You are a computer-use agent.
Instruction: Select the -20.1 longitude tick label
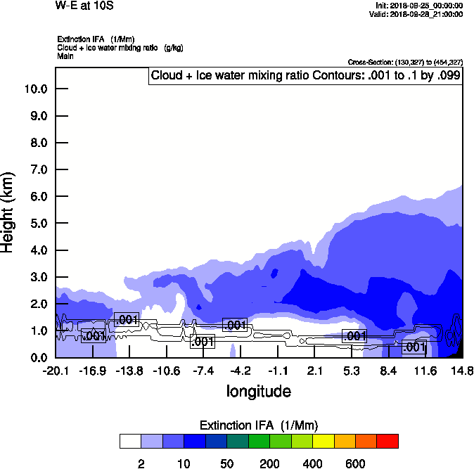tap(55, 371)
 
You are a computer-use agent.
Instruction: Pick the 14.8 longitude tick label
tap(462, 371)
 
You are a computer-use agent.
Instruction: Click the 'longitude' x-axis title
tap(258, 391)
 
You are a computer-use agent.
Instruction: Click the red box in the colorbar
tap(387, 441)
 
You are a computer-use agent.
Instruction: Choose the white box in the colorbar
tap(130, 441)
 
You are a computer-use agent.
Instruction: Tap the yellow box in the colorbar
tap(323, 441)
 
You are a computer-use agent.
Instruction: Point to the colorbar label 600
tap(355, 463)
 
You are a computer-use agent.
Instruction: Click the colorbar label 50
tap(226, 463)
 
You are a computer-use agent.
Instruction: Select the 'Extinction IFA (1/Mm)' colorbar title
tap(259, 425)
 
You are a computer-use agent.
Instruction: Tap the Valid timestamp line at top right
tap(418, 13)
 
